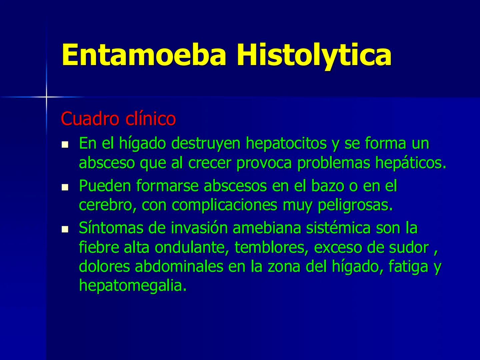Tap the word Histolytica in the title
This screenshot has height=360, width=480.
(x=314, y=55)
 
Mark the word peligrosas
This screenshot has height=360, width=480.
(x=355, y=205)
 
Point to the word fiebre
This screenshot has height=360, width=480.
(x=99, y=247)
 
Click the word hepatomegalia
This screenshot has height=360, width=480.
(x=132, y=286)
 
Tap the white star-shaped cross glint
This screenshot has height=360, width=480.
(x=46, y=97)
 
